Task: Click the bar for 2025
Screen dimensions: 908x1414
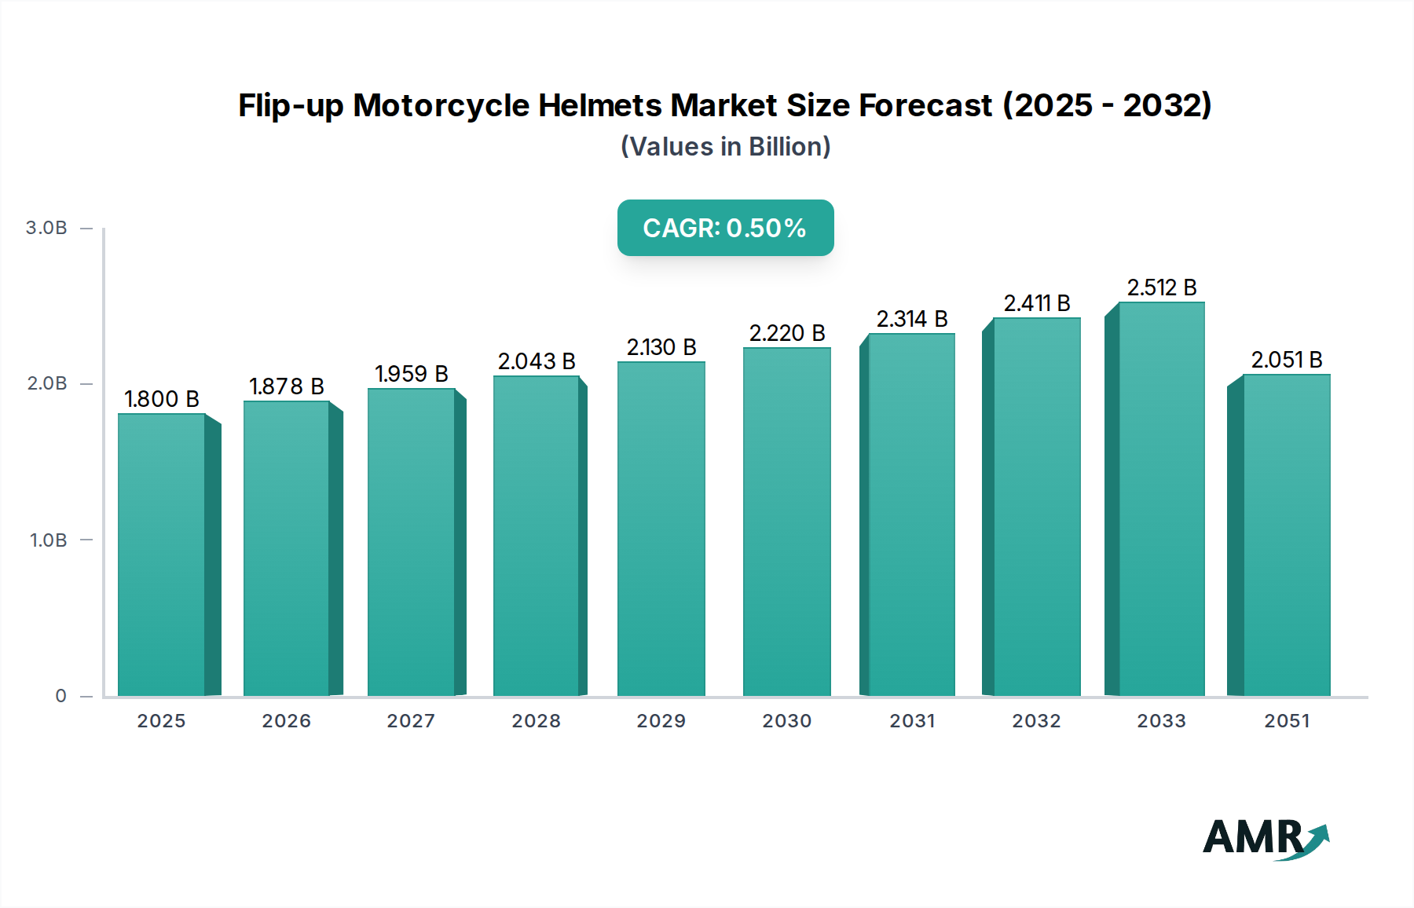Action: (x=162, y=554)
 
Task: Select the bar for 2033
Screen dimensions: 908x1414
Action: (x=1161, y=499)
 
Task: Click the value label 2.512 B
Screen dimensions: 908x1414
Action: (x=1161, y=287)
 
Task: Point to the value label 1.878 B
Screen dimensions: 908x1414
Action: (x=287, y=386)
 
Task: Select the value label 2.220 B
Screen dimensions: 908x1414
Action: (x=786, y=333)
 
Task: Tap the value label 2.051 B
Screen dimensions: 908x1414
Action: (x=1286, y=360)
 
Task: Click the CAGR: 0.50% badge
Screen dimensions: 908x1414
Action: (x=725, y=228)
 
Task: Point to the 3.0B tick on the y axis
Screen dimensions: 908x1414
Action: (x=46, y=228)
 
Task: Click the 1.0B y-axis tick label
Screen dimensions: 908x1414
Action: (x=48, y=540)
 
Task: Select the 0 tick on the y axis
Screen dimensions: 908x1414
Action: (x=60, y=696)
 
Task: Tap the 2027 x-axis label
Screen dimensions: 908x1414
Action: (x=411, y=721)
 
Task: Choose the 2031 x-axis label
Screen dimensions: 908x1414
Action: (x=912, y=721)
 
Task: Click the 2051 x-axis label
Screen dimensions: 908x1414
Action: (x=1287, y=721)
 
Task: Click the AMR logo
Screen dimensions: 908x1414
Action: (x=1265, y=838)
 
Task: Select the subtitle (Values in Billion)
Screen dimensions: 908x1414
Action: (x=725, y=147)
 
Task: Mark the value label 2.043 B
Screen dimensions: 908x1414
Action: (x=537, y=361)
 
